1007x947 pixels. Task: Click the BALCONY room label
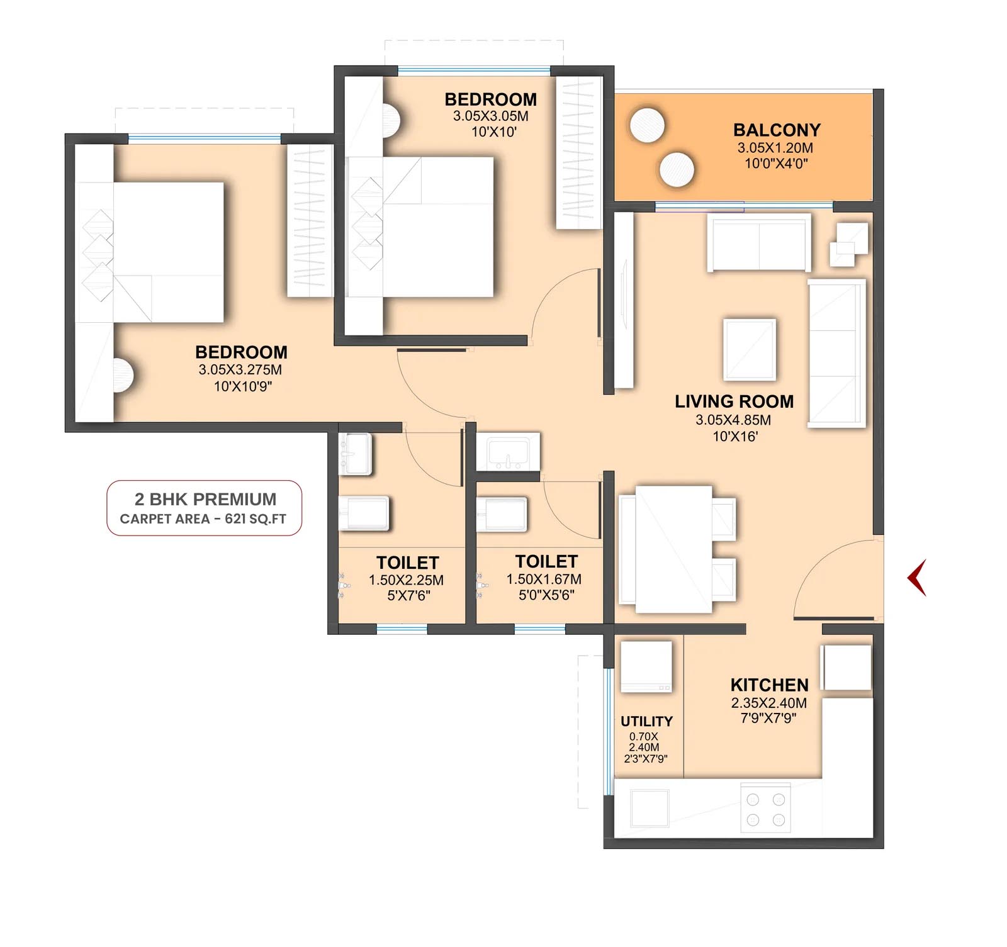pyautogui.click(x=777, y=130)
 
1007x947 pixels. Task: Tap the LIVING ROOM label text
pyautogui.click(x=734, y=401)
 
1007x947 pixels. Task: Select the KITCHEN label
pyautogui.click(x=769, y=685)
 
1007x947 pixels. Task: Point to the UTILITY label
pyautogui.click(x=646, y=721)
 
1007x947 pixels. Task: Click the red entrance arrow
pyautogui.click(x=916, y=577)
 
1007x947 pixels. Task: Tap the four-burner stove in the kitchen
pyautogui.click(x=765, y=807)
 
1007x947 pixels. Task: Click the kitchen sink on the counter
pyautogui.click(x=650, y=808)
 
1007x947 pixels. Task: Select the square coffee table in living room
pyautogui.click(x=749, y=349)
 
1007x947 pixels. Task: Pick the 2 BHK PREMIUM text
pyautogui.click(x=205, y=499)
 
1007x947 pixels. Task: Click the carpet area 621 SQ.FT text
pyautogui.click(x=203, y=519)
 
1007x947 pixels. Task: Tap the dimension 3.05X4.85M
pyautogui.click(x=733, y=420)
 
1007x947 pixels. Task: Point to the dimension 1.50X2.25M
pyautogui.click(x=406, y=580)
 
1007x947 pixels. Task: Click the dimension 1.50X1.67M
pyautogui.click(x=544, y=579)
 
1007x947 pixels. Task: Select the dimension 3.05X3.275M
pyautogui.click(x=240, y=369)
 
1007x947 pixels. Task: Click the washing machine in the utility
pyautogui.click(x=646, y=666)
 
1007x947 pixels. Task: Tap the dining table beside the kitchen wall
pyautogui.click(x=665, y=549)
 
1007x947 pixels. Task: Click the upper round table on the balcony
pyautogui.click(x=646, y=125)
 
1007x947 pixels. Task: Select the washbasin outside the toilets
pyautogui.click(x=507, y=451)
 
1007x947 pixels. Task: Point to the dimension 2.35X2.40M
pyautogui.click(x=768, y=703)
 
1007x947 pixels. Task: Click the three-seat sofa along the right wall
pyautogui.click(x=837, y=354)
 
